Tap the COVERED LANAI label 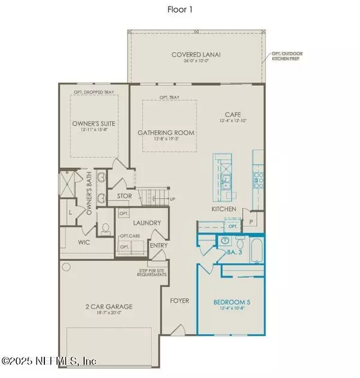coord(196,55)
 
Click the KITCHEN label coord(223,209)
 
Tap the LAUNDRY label coord(146,223)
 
